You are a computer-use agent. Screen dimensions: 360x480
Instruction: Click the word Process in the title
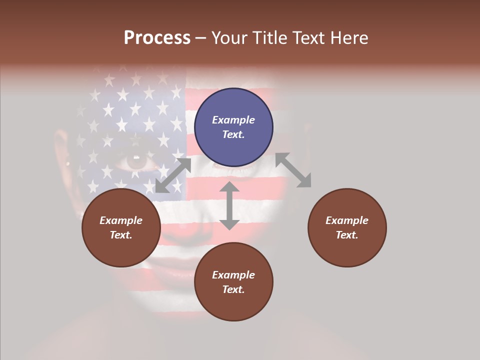tap(157, 38)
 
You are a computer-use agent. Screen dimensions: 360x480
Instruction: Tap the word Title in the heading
tap(271, 38)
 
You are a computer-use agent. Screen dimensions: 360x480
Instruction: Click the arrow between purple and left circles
tap(173, 175)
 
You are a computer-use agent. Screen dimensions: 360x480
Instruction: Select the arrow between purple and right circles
tap(293, 170)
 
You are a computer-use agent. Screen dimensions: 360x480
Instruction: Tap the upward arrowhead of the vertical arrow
tap(229, 187)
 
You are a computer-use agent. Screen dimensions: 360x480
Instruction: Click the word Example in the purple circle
tap(233, 120)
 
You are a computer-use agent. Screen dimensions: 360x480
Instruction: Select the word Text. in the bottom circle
tap(233, 289)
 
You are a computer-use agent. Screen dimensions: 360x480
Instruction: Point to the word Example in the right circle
tap(347, 220)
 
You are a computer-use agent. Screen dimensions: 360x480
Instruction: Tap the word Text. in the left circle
tap(121, 235)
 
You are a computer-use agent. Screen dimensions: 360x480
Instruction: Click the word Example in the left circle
tap(121, 220)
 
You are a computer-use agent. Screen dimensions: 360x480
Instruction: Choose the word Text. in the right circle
tap(347, 235)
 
